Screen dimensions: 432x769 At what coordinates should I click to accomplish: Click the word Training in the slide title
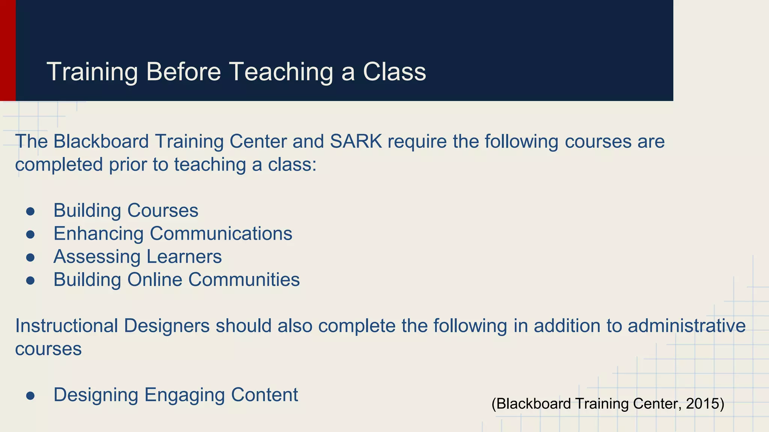(92, 72)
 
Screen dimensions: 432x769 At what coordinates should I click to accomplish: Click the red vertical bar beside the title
(8, 50)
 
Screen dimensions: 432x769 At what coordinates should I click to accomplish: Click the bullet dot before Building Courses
(30, 211)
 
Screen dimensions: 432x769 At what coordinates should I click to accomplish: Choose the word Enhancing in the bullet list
(98, 234)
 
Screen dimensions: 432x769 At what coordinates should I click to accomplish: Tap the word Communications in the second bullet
(221, 234)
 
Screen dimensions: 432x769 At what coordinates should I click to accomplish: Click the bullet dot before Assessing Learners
(30, 257)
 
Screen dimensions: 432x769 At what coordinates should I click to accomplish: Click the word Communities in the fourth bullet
(244, 280)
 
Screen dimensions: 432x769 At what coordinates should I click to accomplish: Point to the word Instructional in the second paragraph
(66, 325)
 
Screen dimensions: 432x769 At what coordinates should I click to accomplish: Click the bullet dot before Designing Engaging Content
(30, 396)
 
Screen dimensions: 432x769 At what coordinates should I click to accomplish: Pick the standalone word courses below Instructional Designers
(48, 349)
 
